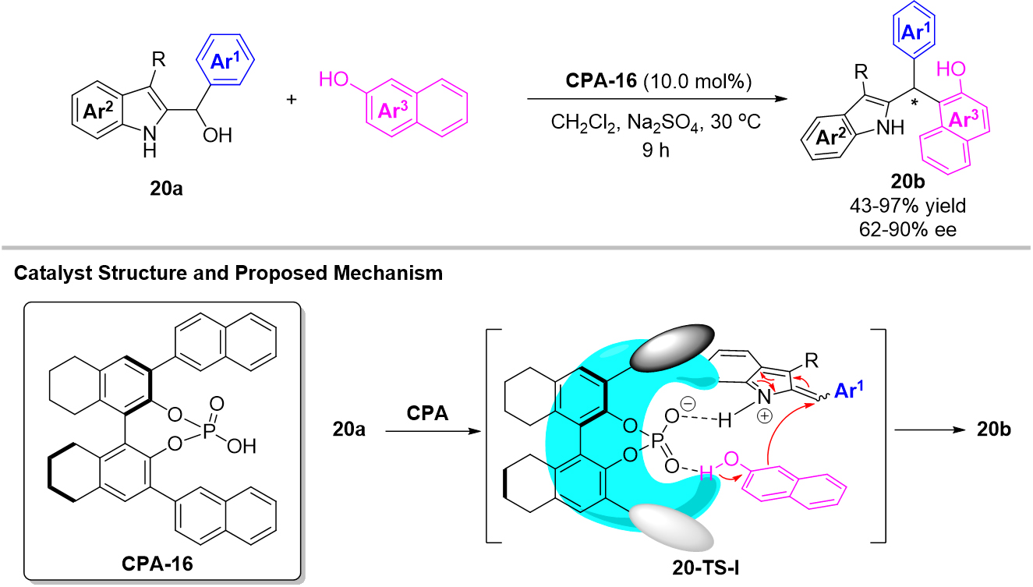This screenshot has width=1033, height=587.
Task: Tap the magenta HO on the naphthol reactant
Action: click(331, 79)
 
